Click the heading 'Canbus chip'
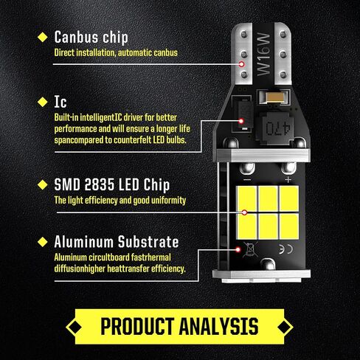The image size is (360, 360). (91, 38)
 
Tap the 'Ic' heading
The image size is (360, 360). (60, 102)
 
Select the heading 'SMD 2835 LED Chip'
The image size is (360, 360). (112, 184)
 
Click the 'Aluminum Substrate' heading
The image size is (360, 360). (117, 242)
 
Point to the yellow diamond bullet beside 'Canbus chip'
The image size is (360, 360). (43, 37)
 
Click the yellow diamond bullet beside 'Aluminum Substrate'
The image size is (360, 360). (43, 242)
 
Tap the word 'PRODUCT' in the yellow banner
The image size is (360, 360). (138, 327)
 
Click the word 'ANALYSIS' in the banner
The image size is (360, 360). (219, 327)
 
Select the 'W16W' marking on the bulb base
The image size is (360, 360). (263, 54)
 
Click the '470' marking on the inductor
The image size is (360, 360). (278, 128)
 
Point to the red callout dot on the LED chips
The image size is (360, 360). (244, 212)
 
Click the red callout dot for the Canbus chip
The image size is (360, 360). (241, 64)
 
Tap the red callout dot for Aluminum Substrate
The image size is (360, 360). (238, 250)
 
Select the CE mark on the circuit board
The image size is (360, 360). (286, 249)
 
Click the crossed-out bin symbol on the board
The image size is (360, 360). (250, 249)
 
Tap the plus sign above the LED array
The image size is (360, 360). (288, 180)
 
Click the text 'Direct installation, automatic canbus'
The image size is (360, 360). (116, 52)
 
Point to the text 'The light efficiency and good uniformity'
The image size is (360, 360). (120, 200)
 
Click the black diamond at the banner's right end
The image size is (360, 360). (285, 327)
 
